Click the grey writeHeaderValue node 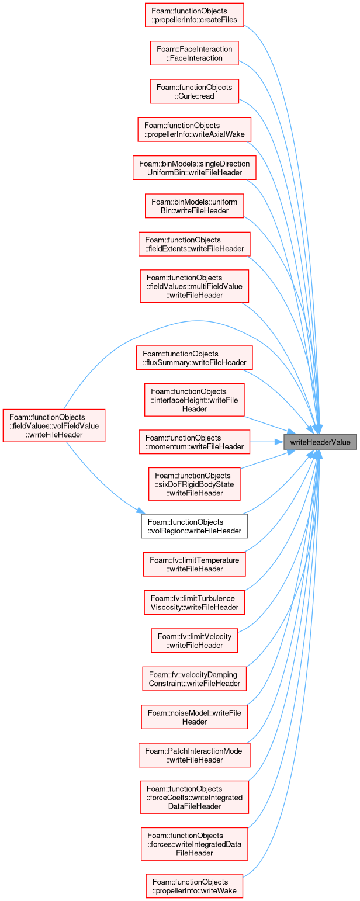[320, 442]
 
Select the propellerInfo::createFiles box [194, 15]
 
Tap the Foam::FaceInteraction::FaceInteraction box [194, 54]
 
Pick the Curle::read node [194, 92]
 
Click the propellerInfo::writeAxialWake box [194, 130]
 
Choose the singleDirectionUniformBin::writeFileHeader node [194, 168]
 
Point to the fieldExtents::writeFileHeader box [194, 244]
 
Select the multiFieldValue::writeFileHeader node [194, 286]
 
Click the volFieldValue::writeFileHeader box [54, 426]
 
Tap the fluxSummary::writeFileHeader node [194, 358]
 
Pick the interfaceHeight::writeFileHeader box [194, 400]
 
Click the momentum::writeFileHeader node [194, 442]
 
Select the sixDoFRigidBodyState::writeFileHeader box [194, 484]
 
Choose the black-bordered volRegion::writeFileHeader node [194, 526]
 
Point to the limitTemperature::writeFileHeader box [194, 564]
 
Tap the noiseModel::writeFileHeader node [194, 717]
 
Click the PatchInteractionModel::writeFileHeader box [194, 756]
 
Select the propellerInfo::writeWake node [194, 886]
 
